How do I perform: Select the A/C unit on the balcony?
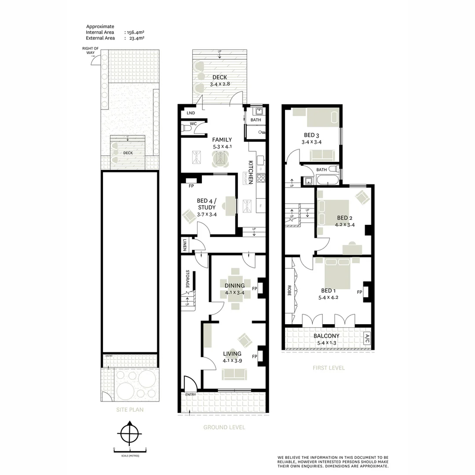click(367, 338)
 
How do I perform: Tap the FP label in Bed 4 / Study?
click(191, 186)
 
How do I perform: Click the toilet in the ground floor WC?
click(186, 128)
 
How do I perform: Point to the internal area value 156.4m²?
click(135, 32)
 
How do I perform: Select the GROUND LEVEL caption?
click(224, 427)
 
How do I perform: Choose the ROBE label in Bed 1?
click(289, 291)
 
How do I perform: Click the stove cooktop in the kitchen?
click(261, 178)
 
